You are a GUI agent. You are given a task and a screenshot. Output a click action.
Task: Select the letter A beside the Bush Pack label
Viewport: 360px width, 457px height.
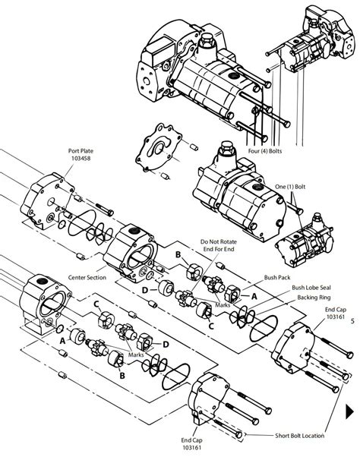[x=254, y=297]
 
